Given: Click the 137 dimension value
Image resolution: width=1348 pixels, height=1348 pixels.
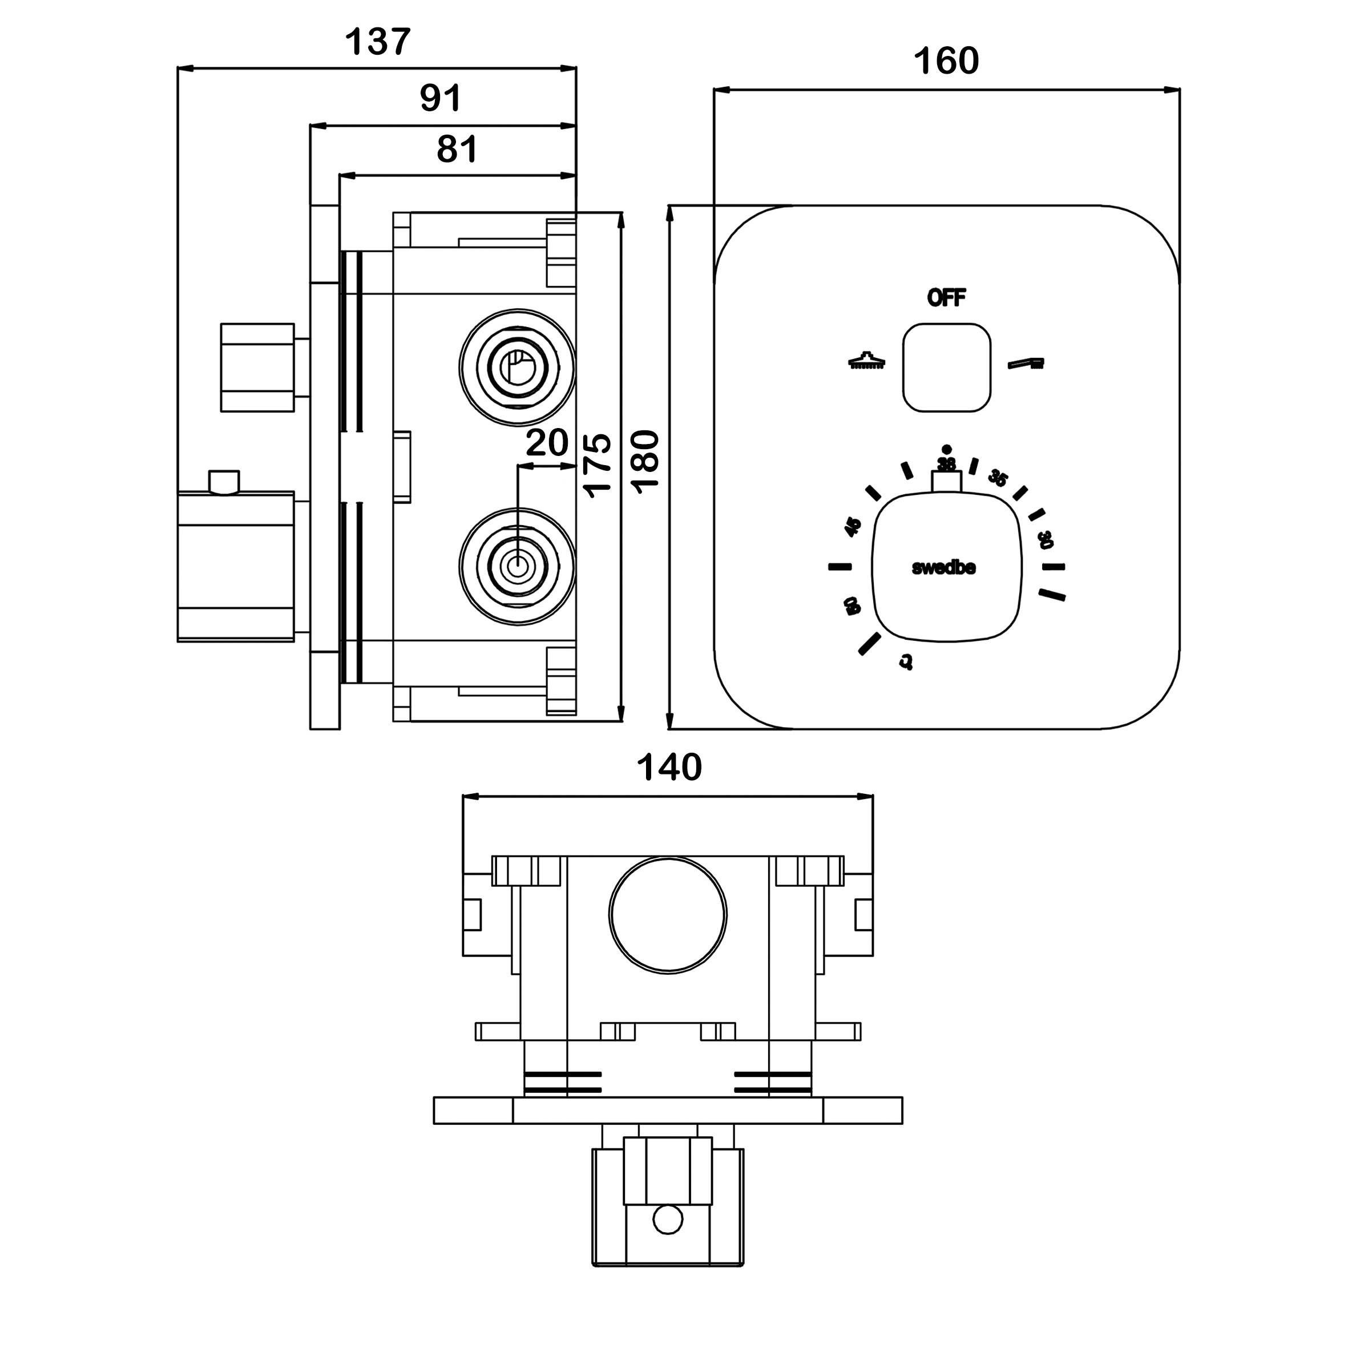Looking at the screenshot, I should (x=377, y=43).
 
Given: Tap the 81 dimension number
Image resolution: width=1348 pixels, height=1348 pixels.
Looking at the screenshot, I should (x=457, y=150).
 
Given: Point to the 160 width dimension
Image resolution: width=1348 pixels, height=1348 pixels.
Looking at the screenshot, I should (x=946, y=62).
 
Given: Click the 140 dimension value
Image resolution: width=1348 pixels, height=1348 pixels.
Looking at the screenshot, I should (x=668, y=768).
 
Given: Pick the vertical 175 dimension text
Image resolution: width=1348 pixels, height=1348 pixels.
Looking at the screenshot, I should (x=598, y=465).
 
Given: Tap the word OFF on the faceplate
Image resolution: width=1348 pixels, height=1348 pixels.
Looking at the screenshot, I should (x=946, y=298).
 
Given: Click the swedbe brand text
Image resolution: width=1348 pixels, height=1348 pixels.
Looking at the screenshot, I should (x=943, y=568).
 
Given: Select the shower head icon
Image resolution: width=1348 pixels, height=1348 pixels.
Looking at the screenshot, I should (x=866, y=360).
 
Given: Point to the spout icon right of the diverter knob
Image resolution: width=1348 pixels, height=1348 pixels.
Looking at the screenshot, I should (x=1026, y=363).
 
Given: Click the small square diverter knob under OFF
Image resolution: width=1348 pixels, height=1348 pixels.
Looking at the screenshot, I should (x=946, y=367).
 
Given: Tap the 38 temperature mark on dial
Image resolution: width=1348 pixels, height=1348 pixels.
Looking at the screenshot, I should (x=946, y=463).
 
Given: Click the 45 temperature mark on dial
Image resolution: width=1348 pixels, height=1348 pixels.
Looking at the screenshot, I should (x=853, y=527).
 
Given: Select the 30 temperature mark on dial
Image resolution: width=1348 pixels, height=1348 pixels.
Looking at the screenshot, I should (x=1044, y=539).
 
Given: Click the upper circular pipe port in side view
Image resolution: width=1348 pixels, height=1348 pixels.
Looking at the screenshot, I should (x=517, y=367).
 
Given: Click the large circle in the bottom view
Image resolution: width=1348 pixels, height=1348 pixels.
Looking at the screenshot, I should (x=668, y=914).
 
